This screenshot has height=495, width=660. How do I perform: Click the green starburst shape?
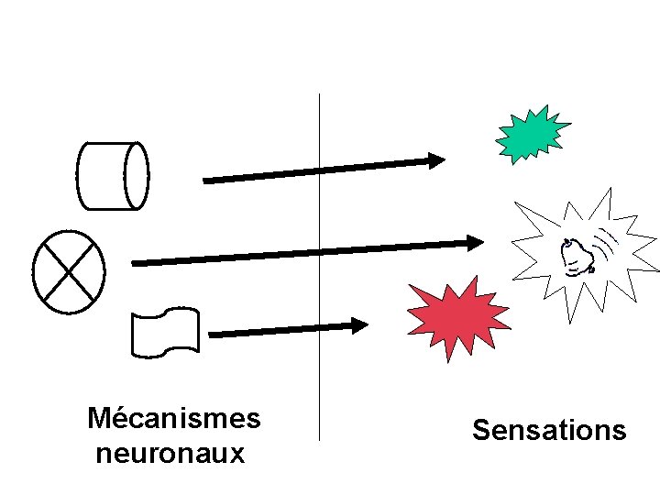point(531,134)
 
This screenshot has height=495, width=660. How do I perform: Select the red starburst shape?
point(456,317)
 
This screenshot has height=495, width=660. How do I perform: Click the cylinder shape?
point(112,175)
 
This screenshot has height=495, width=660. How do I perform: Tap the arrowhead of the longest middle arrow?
point(475,243)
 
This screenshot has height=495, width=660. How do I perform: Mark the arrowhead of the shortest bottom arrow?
point(360,324)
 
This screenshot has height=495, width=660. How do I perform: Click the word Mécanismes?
point(173,419)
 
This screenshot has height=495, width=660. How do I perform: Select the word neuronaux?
point(170,453)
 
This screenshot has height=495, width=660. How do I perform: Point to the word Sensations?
point(548,430)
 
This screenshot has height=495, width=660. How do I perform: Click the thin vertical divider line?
point(319,275)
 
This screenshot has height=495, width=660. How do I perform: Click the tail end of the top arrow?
point(207,181)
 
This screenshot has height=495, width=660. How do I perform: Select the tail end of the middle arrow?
point(137,263)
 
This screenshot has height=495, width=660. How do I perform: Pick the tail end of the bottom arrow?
point(214,335)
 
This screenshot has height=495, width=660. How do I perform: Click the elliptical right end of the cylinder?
point(137,175)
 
